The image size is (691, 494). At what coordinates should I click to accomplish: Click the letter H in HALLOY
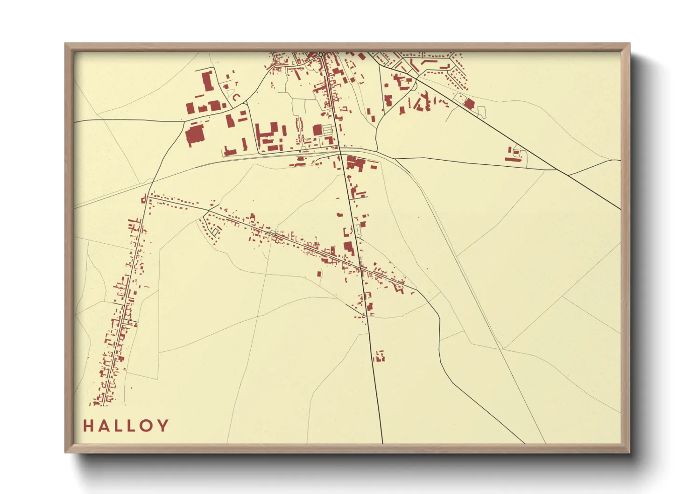(88, 426)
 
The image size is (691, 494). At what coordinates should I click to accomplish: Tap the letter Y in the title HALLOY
(162, 426)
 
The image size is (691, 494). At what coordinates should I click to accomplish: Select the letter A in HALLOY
(104, 426)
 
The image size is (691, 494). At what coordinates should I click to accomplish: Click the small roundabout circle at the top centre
(321, 55)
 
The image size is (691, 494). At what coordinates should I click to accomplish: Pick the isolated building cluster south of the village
(379, 357)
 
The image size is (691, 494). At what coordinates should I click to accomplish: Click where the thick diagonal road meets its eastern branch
(568, 175)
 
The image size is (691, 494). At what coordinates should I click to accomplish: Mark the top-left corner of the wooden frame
(65, 44)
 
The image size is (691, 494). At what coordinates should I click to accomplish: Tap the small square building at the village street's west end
(144, 200)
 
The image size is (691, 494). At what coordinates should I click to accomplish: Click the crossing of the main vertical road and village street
(361, 268)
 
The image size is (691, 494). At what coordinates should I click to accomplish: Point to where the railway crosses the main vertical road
(340, 151)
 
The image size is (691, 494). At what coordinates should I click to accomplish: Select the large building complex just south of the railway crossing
(357, 164)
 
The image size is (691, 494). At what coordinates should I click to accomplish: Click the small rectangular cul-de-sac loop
(215, 231)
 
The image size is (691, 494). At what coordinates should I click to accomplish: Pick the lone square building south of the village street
(320, 274)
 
